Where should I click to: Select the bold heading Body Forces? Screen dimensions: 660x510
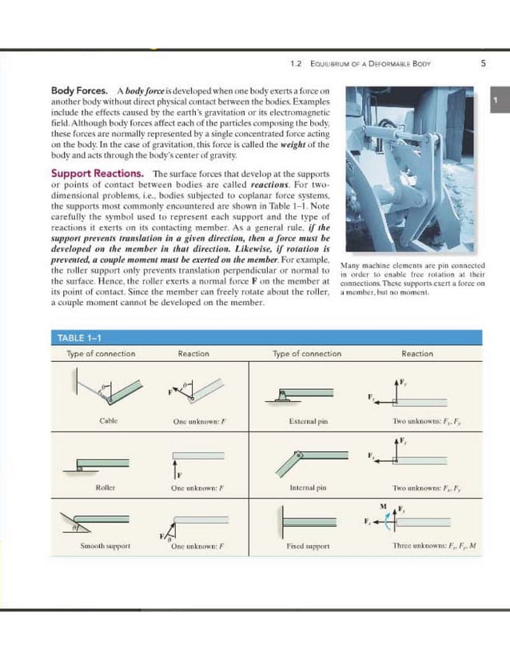79,92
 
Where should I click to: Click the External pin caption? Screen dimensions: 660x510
306,421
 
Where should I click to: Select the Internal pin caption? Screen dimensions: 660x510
306,487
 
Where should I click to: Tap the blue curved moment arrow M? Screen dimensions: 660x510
390,520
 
